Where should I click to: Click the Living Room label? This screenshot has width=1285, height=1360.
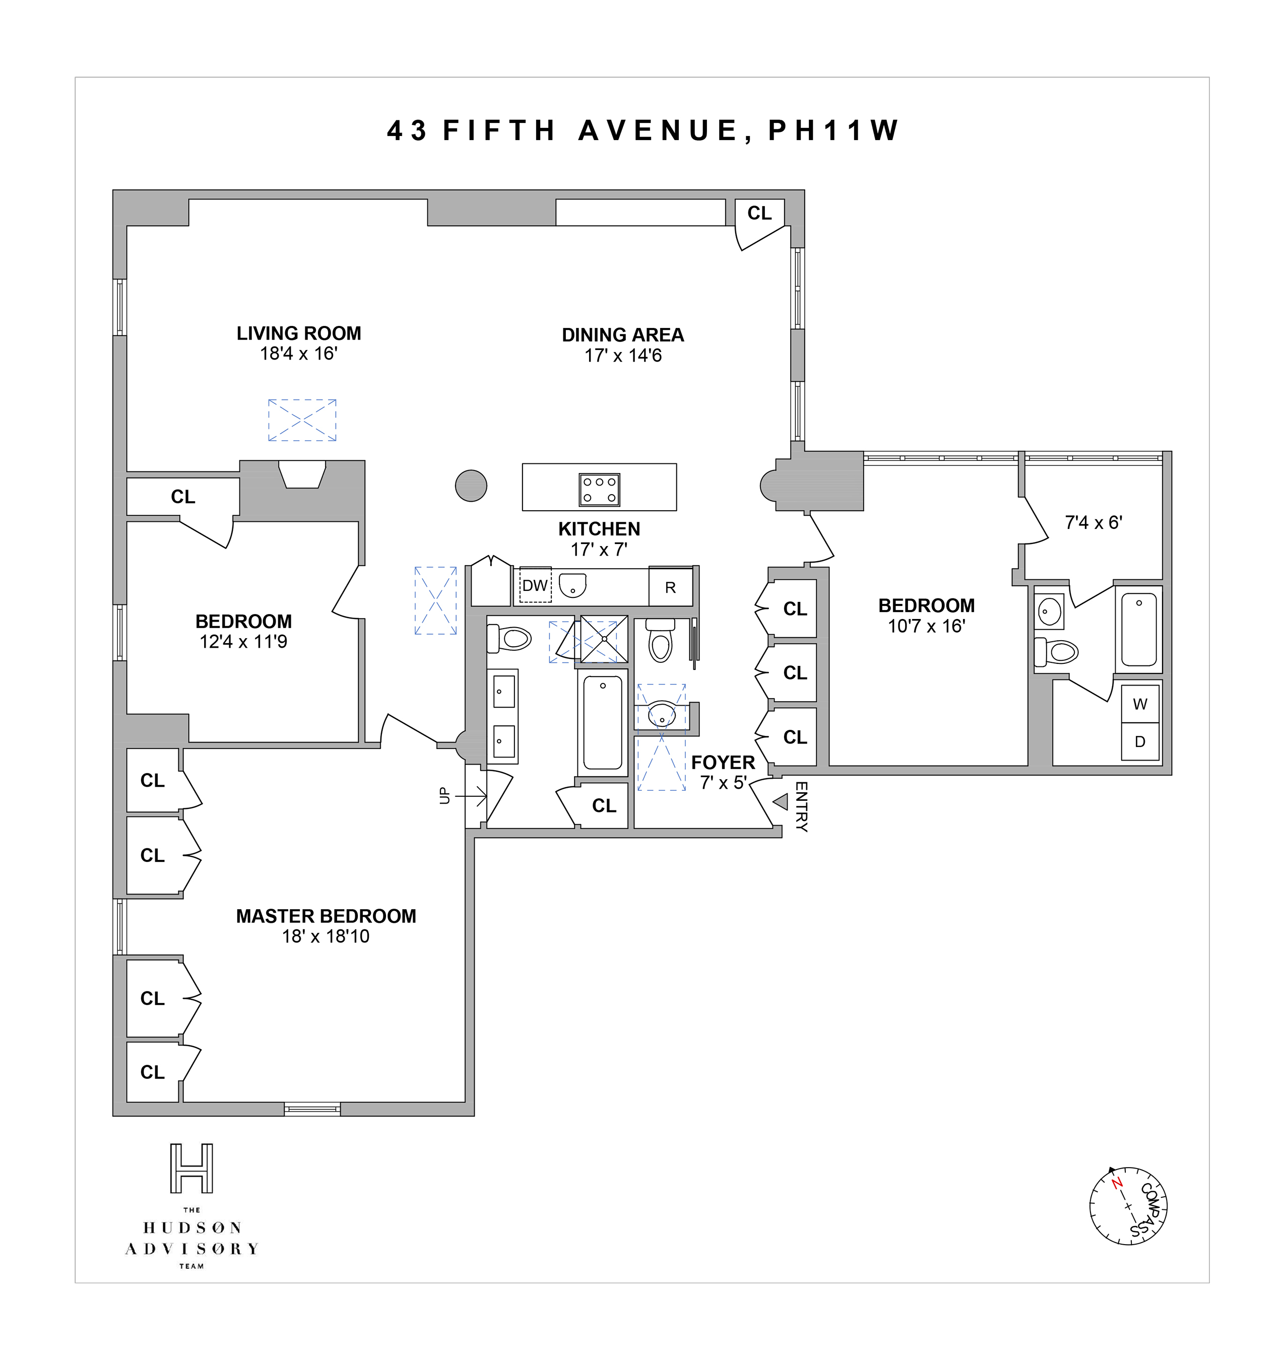[x=299, y=333]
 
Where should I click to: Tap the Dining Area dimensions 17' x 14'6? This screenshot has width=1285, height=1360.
[x=623, y=356]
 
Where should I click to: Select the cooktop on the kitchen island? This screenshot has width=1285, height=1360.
[x=599, y=490]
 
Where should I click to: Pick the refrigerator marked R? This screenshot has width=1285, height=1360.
[x=670, y=587]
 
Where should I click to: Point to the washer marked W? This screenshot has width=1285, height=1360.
[x=1140, y=704]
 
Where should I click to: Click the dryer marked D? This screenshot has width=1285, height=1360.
[x=1140, y=741]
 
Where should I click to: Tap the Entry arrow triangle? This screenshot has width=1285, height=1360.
[x=780, y=801]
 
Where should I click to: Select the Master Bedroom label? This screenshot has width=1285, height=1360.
[x=326, y=916]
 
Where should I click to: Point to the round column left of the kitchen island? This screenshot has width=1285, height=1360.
[x=471, y=486]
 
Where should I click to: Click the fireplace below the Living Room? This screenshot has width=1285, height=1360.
[x=302, y=474]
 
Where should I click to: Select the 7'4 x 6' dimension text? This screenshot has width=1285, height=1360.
[x=1093, y=522]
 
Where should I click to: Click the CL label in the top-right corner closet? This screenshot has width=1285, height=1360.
[x=759, y=214]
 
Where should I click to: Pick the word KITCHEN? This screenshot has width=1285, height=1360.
[x=599, y=529]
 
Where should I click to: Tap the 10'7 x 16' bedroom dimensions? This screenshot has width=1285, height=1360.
[x=926, y=626]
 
